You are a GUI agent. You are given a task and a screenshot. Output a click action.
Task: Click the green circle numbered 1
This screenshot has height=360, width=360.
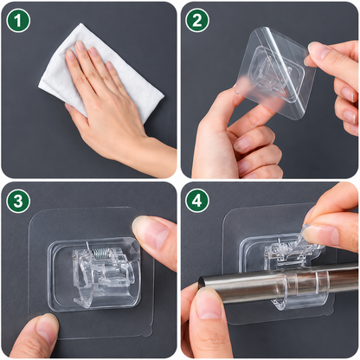(x=18, y=20)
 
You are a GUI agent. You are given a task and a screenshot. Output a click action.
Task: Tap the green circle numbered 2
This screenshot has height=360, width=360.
(x=197, y=20)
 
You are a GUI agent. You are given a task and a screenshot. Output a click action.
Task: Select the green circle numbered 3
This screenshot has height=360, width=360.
(x=18, y=201)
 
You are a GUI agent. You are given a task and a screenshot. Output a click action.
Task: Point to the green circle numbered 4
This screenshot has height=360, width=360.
(x=197, y=201)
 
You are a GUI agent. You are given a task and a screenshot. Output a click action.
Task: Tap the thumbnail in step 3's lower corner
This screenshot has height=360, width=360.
(x=46, y=328)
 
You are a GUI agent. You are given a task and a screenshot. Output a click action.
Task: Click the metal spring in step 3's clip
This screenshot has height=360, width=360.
(x=101, y=254)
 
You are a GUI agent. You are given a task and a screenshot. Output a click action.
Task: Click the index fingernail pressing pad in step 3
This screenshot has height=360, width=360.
(x=150, y=231)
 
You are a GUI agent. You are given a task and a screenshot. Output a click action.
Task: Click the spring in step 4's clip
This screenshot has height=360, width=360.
(x=286, y=246)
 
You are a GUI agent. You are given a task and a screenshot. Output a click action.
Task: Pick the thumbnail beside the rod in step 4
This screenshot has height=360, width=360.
(x=209, y=304)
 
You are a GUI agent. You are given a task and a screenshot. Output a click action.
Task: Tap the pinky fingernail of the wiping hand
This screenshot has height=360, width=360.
(x=109, y=65)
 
